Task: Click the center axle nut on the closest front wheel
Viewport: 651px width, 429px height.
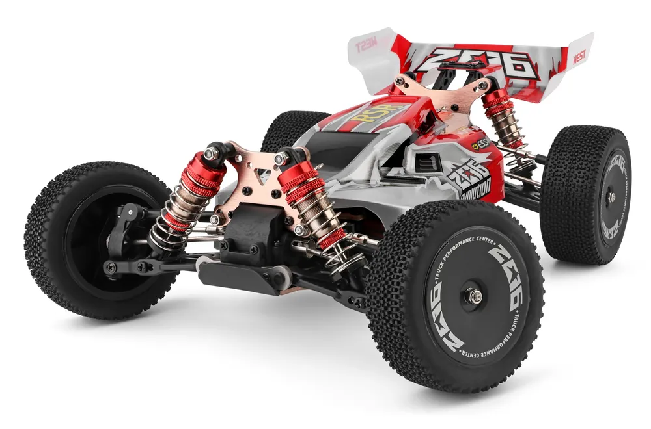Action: [x=473, y=296]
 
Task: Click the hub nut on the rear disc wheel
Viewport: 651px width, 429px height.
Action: [x=611, y=197]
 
